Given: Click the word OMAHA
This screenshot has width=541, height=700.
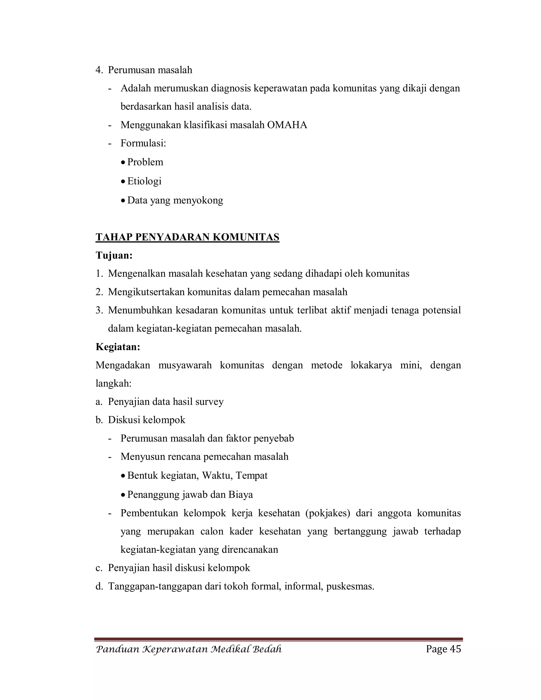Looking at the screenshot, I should (287, 125).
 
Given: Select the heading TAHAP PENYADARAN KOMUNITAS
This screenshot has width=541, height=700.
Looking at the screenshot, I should (188, 237).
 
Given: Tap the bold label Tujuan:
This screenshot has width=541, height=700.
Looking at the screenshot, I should (114, 255).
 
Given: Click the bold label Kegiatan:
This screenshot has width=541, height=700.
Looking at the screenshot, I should (118, 347).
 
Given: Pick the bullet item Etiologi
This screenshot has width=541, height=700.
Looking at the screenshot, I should (144, 181).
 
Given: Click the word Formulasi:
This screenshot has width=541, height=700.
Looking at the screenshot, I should (143, 143).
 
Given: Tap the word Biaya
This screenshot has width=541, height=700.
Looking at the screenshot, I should (241, 494).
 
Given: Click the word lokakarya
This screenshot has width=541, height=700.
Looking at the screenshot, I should (371, 365).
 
